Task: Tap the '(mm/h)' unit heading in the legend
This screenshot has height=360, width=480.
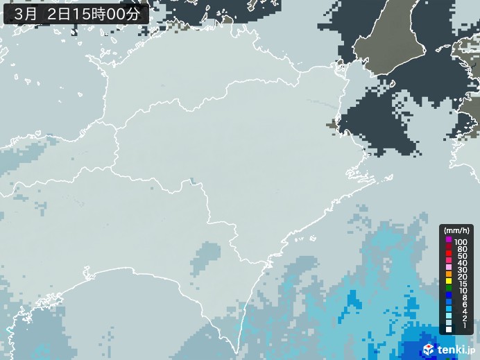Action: point(457,230)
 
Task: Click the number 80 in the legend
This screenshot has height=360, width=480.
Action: point(463,248)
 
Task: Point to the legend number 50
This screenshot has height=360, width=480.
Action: point(463,256)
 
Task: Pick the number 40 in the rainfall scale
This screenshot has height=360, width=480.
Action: point(463,263)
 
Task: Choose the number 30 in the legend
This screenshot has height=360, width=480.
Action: point(463,271)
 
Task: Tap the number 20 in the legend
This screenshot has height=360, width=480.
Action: point(463,277)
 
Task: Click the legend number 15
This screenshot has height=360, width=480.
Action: point(463,285)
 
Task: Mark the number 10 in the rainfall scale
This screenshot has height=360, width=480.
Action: point(463,292)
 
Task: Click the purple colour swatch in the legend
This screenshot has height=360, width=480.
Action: point(449,240)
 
